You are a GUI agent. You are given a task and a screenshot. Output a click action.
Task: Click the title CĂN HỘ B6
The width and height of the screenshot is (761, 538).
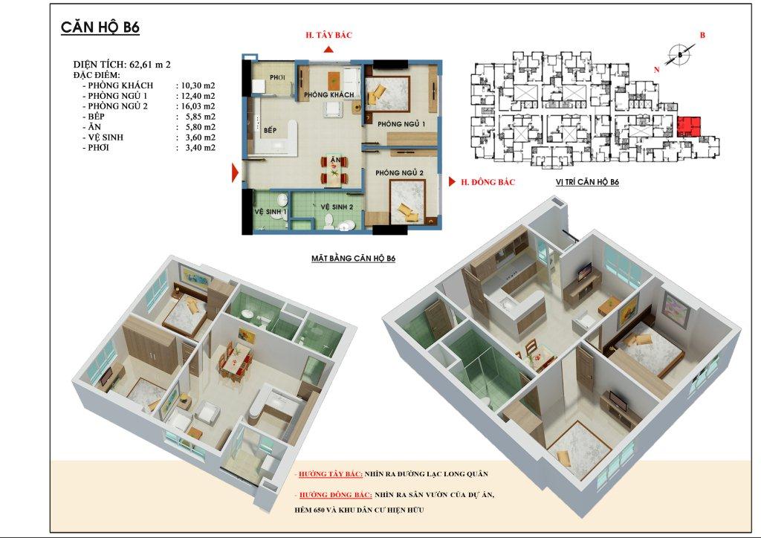click(x=100, y=28)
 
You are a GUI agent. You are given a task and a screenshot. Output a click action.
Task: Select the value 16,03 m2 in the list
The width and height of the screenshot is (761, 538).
click(x=195, y=106)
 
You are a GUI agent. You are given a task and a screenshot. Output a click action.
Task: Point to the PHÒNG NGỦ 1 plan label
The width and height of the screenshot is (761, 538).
click(x=401, y=124)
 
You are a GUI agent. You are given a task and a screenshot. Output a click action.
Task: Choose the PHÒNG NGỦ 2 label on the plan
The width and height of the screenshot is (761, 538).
click(x=399, y=173)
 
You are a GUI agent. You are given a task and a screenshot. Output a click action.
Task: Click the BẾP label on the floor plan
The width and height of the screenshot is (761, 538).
click(x=270, y=131)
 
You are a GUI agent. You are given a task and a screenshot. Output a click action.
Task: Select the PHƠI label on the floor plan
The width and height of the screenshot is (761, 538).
click(x=278, y=77)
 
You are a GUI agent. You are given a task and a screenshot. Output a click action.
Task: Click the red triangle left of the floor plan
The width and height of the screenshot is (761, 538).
click(x=235, y=173)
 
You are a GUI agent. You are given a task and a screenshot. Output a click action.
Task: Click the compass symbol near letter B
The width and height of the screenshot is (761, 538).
click(x=678, y=54)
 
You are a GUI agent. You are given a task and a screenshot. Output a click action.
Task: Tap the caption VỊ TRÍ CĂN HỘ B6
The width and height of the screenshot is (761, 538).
click(x=587, y=182)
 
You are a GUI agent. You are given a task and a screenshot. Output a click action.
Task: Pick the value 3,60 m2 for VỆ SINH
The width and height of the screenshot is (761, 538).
click(x=195, y=137)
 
